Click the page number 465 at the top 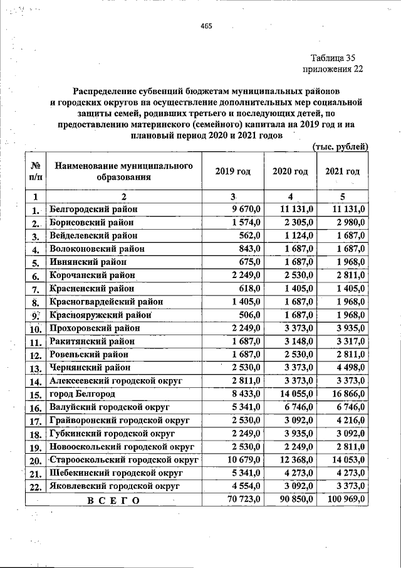pos(207,26)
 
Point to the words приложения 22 pos(332,69)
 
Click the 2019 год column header pos(232,172)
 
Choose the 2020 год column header pos(290,172)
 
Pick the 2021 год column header pos(343,172)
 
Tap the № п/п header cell pos(35,172)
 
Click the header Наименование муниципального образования pos(123,171)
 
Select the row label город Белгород pos(83,394)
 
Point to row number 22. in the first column pos(35,486)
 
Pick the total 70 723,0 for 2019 pos(241,499)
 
